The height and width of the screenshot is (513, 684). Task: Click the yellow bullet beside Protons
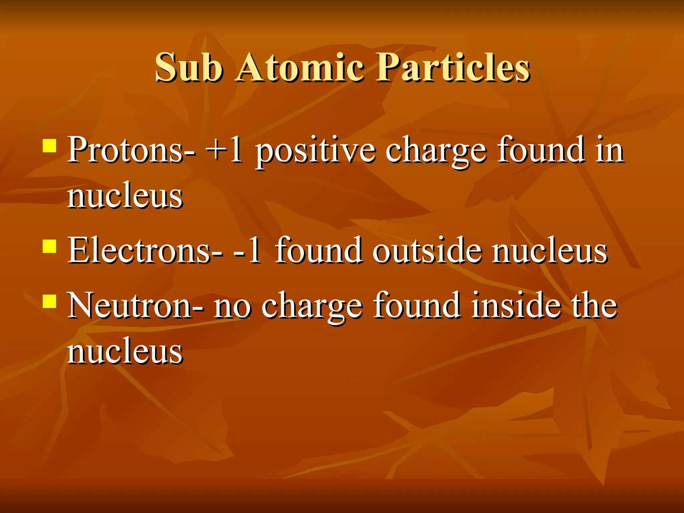pos(49,146)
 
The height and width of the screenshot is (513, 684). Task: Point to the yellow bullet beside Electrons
pos(49,246)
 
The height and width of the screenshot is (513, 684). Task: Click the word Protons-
pos(131,150)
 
